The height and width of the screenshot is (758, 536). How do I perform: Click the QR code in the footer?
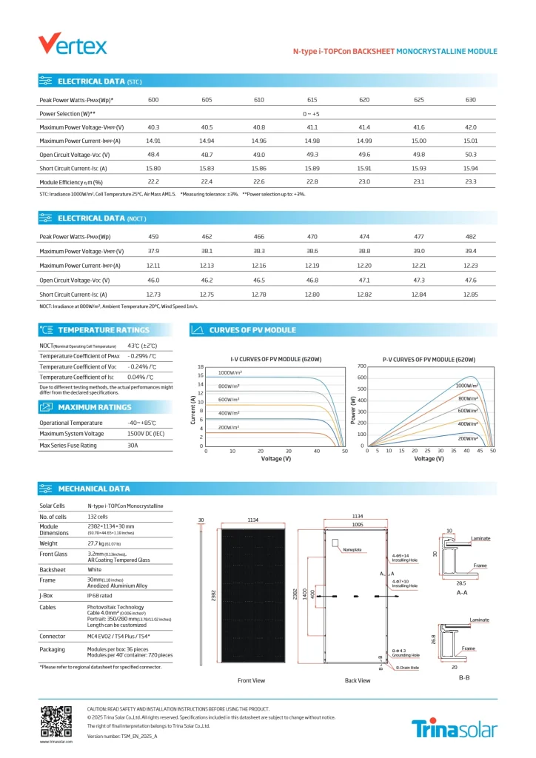click(x=56, y=721)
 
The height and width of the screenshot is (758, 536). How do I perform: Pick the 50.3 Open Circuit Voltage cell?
click(x=470, y=155)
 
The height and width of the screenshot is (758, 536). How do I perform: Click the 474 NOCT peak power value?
click(x=364, y=237)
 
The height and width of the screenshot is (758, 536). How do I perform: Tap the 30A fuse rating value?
click(x=133, y=446)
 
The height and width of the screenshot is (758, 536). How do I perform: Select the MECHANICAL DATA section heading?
click(x=93, y=489)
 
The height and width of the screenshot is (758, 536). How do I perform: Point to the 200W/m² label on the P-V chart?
click(x=468, y=438)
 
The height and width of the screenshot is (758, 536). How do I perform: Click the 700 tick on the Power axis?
click(x=362, y=366)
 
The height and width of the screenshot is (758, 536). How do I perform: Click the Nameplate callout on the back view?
click(x=352, y=550)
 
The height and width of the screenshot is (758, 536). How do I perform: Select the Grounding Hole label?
click(x=406, y=655)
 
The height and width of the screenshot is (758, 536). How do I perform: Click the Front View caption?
click(x=251, y=680)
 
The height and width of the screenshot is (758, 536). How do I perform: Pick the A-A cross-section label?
click(x=462, y=593)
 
